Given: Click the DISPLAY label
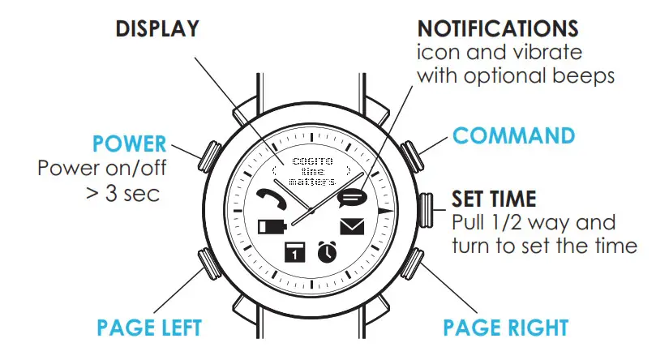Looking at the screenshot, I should pos(158,28).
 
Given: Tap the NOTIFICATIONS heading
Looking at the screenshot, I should pos(498,29).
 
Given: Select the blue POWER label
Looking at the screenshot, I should pos(129,145).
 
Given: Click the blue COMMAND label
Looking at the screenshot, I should pos(513,135).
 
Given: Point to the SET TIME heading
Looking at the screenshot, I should pos(492,199).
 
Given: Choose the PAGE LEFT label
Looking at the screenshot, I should pos(149,328).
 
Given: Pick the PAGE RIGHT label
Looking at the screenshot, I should pos(505,328).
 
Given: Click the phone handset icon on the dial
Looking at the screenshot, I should pos(267,198).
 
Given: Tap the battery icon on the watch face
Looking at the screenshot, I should pos(268,226).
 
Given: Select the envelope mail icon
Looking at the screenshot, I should pos(352,226).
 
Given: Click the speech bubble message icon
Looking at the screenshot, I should pos(352,197).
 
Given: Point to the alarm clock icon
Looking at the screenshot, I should pos(327,251).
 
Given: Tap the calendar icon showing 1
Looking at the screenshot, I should pos(294,252).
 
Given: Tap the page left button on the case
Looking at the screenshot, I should pos(208,264).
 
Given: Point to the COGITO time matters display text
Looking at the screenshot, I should pos(311,172).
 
